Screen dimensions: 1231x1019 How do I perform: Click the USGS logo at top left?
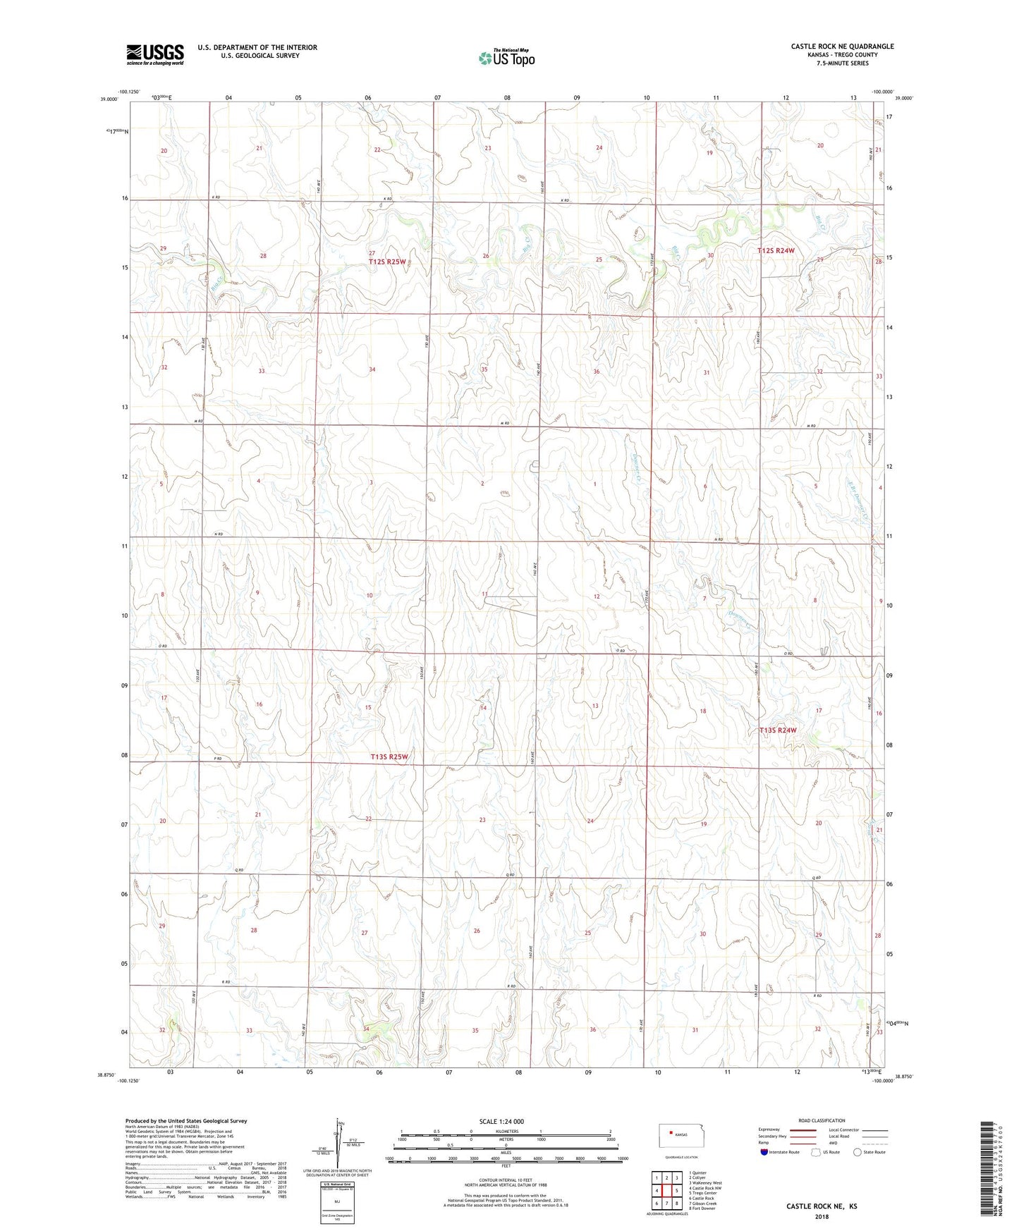coord(154,54)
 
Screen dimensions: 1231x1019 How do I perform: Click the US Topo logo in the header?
coord(505,58)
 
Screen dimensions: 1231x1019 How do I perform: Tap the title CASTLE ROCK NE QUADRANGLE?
coord(842,47)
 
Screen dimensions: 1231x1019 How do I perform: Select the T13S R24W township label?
coord(778,730)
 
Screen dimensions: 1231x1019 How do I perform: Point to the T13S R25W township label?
coord(389,757)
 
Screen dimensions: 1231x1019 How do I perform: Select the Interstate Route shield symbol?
coord(764,1152)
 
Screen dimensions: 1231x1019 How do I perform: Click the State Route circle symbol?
coord(857,1152)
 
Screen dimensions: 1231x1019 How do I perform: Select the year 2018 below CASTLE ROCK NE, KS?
coord(821,1217)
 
